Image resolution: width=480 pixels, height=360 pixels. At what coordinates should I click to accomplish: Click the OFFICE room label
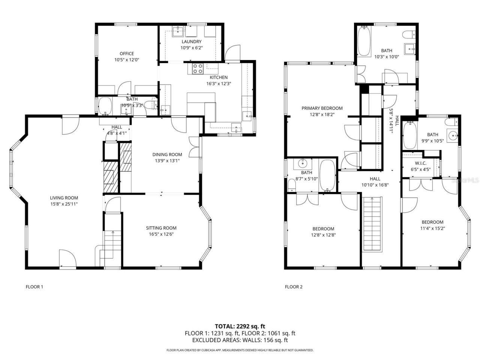tap(126, 54)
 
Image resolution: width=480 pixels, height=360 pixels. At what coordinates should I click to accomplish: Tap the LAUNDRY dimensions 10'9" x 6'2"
tap(191, 48)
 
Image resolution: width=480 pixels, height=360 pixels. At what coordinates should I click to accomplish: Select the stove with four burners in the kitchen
tap(198, 68)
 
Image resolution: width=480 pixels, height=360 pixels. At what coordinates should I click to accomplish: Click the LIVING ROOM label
tap(64, 198)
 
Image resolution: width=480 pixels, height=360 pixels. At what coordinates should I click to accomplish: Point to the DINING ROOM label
tap(167, 154)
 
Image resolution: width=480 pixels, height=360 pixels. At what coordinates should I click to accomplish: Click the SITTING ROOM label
tap(161, 228)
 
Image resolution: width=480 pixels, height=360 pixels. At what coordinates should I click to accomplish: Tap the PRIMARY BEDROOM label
tap(322, 108)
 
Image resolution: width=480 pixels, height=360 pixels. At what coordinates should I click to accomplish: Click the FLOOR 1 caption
tap(34, 287)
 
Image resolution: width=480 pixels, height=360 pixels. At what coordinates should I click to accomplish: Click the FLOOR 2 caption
tap(293, 287)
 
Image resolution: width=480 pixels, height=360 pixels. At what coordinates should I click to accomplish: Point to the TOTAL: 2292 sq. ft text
tap(240, 326)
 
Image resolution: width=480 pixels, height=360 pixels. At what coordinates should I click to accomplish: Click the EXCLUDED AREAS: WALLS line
tap(240, 340)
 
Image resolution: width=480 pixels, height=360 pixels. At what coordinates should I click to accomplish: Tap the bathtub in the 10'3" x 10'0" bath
tap(364, 41)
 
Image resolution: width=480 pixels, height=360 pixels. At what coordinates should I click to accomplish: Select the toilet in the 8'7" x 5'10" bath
tap(291, 185)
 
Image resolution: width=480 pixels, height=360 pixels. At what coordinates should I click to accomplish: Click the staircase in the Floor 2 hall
tap(372, 224)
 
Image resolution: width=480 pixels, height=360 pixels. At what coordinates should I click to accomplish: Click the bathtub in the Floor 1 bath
tap(105, 106)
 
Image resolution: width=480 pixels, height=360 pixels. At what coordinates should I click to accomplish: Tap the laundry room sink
tap(177, 31)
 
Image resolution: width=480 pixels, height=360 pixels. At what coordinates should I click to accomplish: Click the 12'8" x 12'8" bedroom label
tap(323, 229)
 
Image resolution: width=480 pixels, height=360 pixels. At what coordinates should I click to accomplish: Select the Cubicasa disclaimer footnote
tap(240, 350)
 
